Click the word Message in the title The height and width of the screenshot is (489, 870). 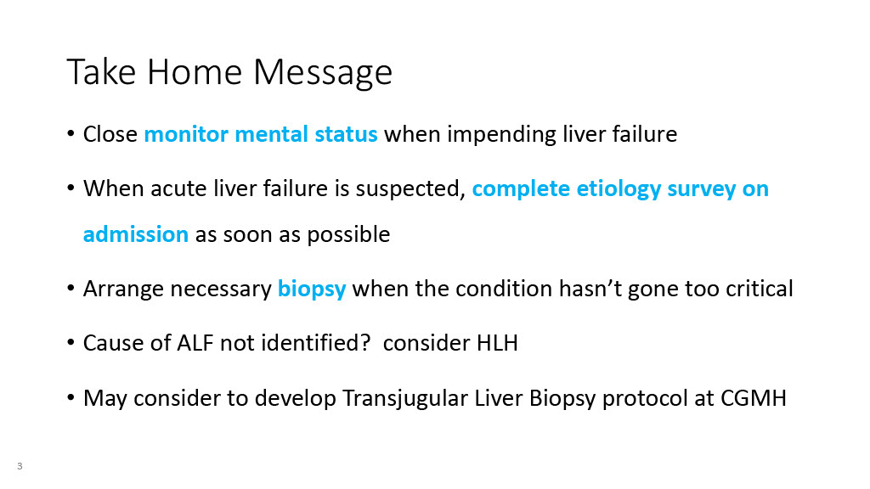pos(323,73)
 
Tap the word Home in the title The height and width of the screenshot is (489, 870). pos(195,71)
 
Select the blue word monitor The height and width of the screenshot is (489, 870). pos(186,134)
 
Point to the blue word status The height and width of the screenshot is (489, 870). pos(347,134)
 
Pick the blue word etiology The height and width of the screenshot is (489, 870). pos(619,189)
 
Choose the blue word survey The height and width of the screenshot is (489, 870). pos(701,189)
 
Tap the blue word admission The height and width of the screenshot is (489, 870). pos(136,234)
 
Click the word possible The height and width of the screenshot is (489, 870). pos(348,235)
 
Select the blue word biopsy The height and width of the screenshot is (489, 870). pos(312,289)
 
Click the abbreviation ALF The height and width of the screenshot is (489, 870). pos(195,343)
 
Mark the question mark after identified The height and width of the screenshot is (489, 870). pos(365,343)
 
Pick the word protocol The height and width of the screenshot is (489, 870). pos(645,399)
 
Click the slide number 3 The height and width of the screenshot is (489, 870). pos(20,466)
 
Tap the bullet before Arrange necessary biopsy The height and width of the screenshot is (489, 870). pos(71,289)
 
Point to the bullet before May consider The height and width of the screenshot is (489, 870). pos(71,398)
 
